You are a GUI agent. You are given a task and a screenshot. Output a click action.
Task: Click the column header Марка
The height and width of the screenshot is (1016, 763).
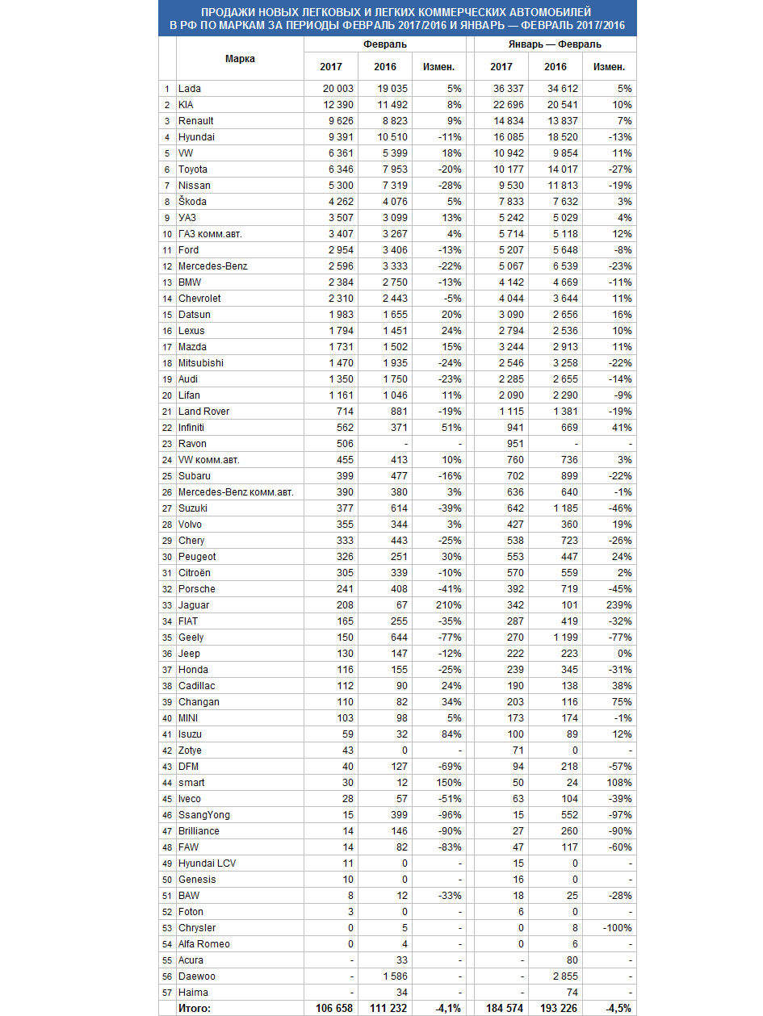click(x=240, y=58)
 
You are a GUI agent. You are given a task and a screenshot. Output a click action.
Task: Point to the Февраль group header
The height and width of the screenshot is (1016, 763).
click(x=384, y=45)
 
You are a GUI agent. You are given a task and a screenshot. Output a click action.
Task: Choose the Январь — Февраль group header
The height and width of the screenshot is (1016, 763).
click(x=554, y=45)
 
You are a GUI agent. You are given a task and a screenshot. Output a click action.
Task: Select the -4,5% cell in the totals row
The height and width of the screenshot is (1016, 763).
click(x=618, y=1009)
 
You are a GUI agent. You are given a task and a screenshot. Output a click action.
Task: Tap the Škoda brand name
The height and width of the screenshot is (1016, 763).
click(x=192, y=202)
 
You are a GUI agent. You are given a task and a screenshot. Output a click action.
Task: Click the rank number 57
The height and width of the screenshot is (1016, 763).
click(x=167, y=993)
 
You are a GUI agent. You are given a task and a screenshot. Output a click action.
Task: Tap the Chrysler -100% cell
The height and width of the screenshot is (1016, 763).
click(x=617, y=928)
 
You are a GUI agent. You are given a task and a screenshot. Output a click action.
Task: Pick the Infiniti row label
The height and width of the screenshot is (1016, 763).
click(x=192, y=428)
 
